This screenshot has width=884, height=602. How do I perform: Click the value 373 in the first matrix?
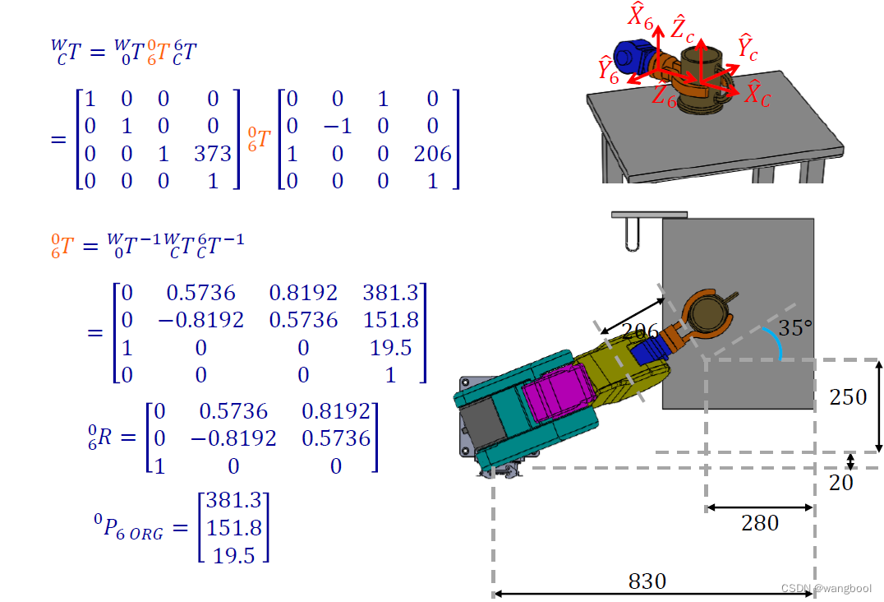[x=213, y=154]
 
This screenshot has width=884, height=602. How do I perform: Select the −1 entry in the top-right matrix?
[x=337, y=126]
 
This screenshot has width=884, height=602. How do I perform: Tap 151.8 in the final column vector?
[x=234, y=528]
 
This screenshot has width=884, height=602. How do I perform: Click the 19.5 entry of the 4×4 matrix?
[x=391, y=348]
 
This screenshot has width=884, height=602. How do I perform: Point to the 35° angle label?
[x=795, y=327]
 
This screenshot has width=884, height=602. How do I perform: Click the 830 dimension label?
[x=647, y=581]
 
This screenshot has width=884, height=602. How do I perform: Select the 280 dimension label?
[x=760, y=523]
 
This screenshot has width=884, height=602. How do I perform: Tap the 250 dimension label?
[x=848, y=397]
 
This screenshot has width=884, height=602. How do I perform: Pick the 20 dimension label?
[x=841, y=483]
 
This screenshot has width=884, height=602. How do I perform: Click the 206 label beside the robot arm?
[x=639, y=331]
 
